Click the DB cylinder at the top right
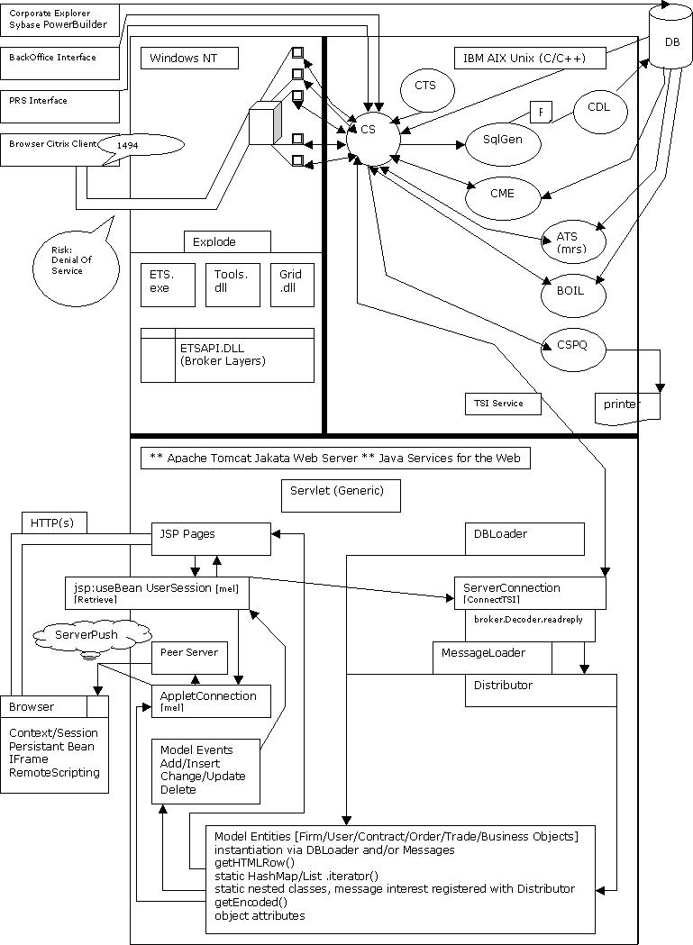click(x=672, y=38)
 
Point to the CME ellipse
click(x=502, y=194)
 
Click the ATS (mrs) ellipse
click(x=574, y=241)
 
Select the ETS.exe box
click(x=168, y=284)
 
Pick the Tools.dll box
click(x=233, y=284)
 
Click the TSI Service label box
click(x=503, y=404)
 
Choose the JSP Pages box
click(x=210, y=539)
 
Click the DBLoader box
click(x=524, y=539)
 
